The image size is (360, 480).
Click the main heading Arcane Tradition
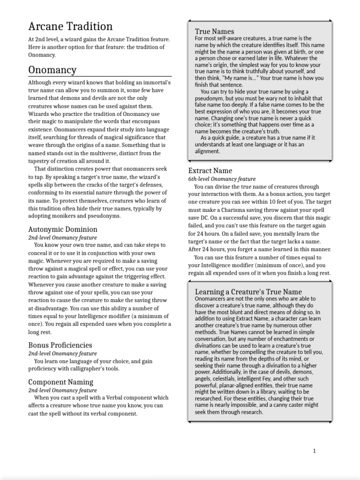[70, 27]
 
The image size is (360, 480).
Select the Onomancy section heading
[52, 70]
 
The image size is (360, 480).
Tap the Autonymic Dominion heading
[63, 229]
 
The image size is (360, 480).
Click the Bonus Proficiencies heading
[60, 345]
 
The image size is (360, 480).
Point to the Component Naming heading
[60, 382]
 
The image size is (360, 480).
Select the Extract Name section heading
[210, 171]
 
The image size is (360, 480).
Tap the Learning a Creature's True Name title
[248, 292]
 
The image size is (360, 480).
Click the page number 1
[314, 451]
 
